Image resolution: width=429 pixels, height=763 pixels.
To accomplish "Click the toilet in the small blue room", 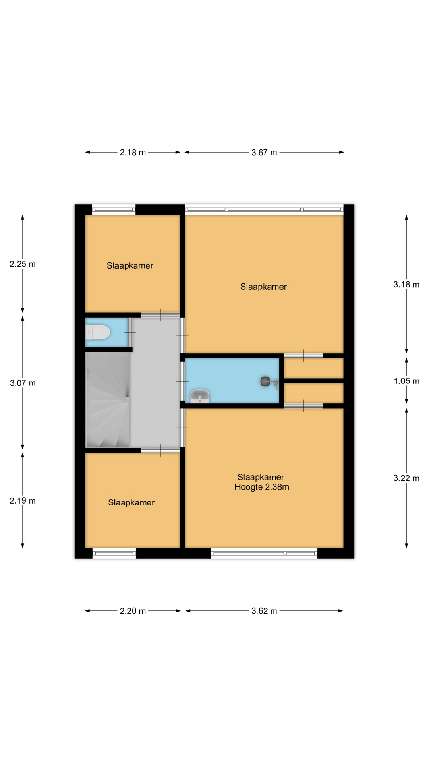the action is click(98, 332).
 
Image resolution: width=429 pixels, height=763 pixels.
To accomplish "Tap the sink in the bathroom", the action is click(200, 396).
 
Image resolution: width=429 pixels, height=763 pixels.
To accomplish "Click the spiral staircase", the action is click(108, 400).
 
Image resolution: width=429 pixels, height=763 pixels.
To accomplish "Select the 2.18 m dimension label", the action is click(133, 153).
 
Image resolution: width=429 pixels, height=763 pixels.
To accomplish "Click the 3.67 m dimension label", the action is click(264, 153).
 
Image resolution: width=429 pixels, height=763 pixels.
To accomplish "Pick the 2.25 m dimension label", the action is click(23, 264).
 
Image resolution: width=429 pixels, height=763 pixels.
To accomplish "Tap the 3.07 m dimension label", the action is click(23, 383).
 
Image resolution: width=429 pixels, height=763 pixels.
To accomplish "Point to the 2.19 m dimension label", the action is click(23, 501).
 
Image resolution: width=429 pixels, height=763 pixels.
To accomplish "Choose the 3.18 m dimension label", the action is click(406, 285).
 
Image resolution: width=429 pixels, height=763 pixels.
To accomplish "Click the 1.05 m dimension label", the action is click(406, 381).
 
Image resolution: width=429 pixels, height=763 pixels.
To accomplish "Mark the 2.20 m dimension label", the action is click(133, 611).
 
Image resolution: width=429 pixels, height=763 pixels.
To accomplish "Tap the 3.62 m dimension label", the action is click(264, 611).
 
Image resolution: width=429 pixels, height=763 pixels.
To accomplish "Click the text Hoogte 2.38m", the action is click(262, 487).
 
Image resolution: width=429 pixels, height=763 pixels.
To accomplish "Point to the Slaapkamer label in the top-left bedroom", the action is click(130, 266).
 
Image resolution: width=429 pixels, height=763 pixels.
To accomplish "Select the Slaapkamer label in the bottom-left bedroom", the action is click(131, 503).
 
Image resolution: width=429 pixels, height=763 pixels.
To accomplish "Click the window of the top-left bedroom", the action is click(114, 210).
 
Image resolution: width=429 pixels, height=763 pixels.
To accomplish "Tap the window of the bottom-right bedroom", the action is click(264, 553).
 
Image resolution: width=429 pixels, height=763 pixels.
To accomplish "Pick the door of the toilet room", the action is click(130, 332).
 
